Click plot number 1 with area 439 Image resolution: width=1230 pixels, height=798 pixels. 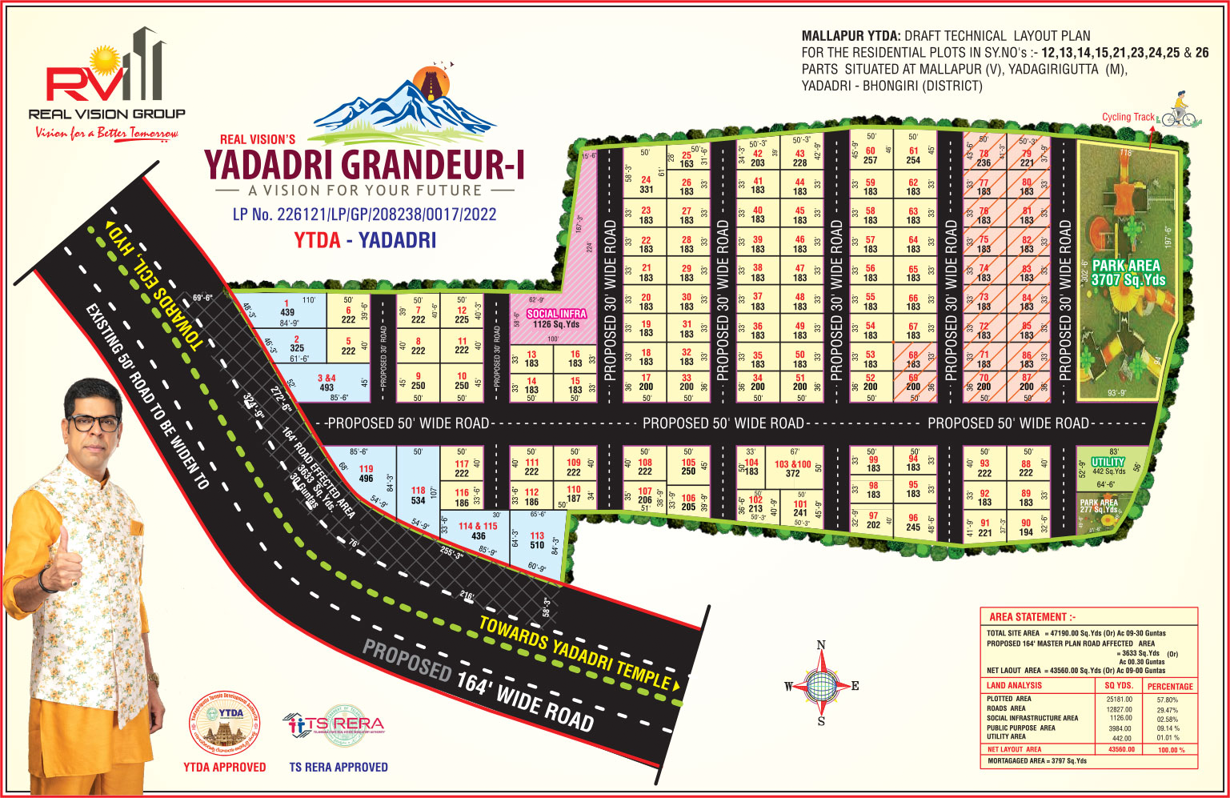[x=286, y=308]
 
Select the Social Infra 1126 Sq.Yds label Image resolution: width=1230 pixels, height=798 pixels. [x=556, y=319]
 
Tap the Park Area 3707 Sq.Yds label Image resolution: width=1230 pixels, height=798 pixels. [x=1128, y=272]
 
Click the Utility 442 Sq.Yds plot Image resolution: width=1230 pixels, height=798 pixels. [x=1108, y=466]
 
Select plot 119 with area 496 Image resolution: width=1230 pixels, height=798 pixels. [x=366, y=474]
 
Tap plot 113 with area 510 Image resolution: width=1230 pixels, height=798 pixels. [x=537, y=541]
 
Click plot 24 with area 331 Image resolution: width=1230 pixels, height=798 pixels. [x=646, y=185]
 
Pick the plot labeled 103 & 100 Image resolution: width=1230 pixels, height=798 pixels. [x=792, y=469]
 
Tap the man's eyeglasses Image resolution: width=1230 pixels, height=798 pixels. [x=93, y=422]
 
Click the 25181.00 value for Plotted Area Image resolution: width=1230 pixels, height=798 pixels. [x=1119, y=700]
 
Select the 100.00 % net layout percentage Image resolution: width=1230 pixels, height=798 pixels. [x=1170, y=750]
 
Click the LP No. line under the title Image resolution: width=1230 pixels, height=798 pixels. [x=364, y=215]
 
